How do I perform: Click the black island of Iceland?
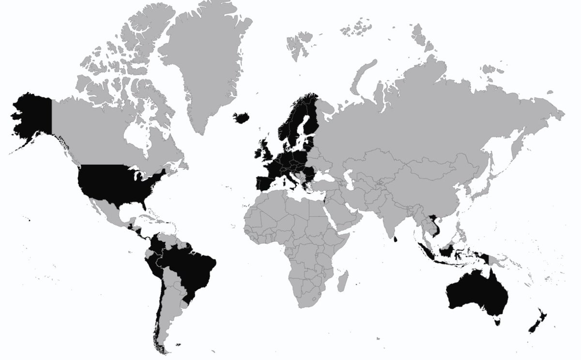(x=242, y=118)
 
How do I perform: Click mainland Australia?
(x=477, y=293)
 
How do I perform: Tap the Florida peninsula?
(x=143, y=203)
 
